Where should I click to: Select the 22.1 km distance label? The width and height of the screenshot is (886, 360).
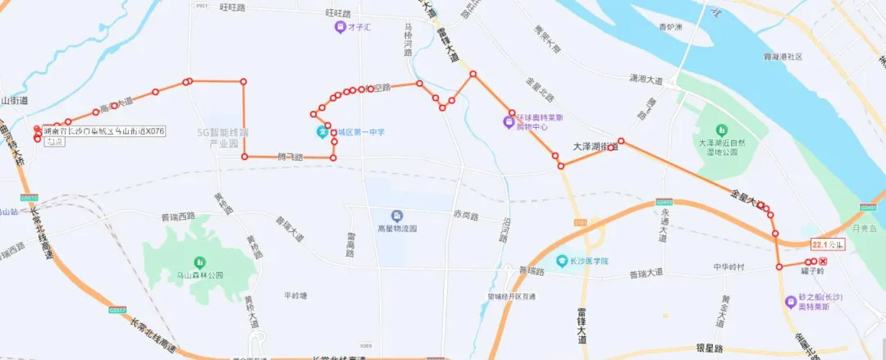tap(826, 244)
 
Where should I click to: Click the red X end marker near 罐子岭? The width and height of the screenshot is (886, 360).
tap(823, 262)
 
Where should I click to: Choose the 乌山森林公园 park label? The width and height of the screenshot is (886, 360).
tap(194, 276)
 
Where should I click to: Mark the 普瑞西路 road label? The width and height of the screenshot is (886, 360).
tap(178, 217)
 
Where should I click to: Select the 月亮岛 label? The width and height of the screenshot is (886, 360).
tap(865, 228)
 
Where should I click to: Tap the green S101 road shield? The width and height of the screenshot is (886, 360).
tap(581, 222)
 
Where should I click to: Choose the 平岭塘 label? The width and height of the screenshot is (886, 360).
tap(295, 295)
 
